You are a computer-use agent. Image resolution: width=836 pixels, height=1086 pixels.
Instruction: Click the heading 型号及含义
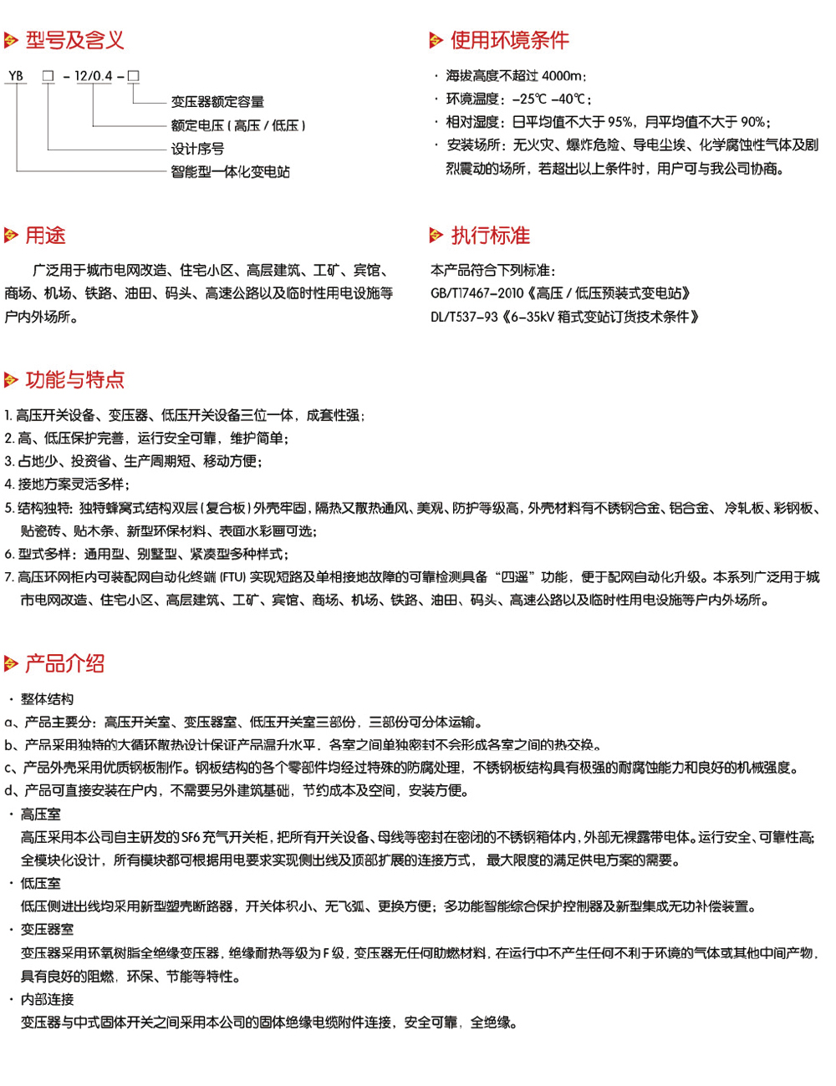click(74, 39)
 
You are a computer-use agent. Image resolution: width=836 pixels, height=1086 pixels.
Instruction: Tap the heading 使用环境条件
click(509, 39)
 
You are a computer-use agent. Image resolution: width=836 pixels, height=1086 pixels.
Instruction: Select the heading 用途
click(45, 236)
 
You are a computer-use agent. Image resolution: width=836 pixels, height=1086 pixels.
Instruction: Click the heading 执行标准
click(490, 236)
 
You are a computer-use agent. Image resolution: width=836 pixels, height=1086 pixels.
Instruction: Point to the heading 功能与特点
click(74, 380)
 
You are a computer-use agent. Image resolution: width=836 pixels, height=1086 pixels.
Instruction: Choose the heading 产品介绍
click(64, 664)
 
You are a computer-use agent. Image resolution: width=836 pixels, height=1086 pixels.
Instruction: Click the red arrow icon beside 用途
click(11, 236)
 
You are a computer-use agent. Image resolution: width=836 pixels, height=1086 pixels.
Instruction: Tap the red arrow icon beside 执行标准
click(436, 236)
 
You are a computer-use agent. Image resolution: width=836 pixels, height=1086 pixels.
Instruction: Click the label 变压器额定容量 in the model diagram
click(217, 102)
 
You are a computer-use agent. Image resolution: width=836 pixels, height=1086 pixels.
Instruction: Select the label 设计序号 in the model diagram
click(197, 149)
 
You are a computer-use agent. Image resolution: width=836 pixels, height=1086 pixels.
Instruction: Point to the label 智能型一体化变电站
click(230, 172)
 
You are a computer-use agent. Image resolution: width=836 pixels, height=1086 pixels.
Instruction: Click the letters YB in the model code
click(16, 76)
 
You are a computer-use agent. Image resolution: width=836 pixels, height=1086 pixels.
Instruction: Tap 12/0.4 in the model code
click(93, 76)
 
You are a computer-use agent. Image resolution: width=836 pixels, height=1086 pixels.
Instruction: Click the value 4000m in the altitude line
click(563, 76)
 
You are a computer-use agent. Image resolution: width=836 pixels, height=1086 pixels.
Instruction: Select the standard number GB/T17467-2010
click(477, 293)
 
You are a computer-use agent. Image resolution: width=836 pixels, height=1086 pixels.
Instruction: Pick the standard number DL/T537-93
click(464, 317)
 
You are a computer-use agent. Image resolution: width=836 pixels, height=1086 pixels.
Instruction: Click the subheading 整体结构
click(47, 699)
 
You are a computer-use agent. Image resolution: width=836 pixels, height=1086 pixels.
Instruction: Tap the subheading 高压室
click(40, 814)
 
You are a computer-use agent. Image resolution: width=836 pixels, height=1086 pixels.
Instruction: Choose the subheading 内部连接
click(47, 999)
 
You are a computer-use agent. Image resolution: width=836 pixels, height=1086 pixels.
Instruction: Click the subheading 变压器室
click(47, 929)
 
